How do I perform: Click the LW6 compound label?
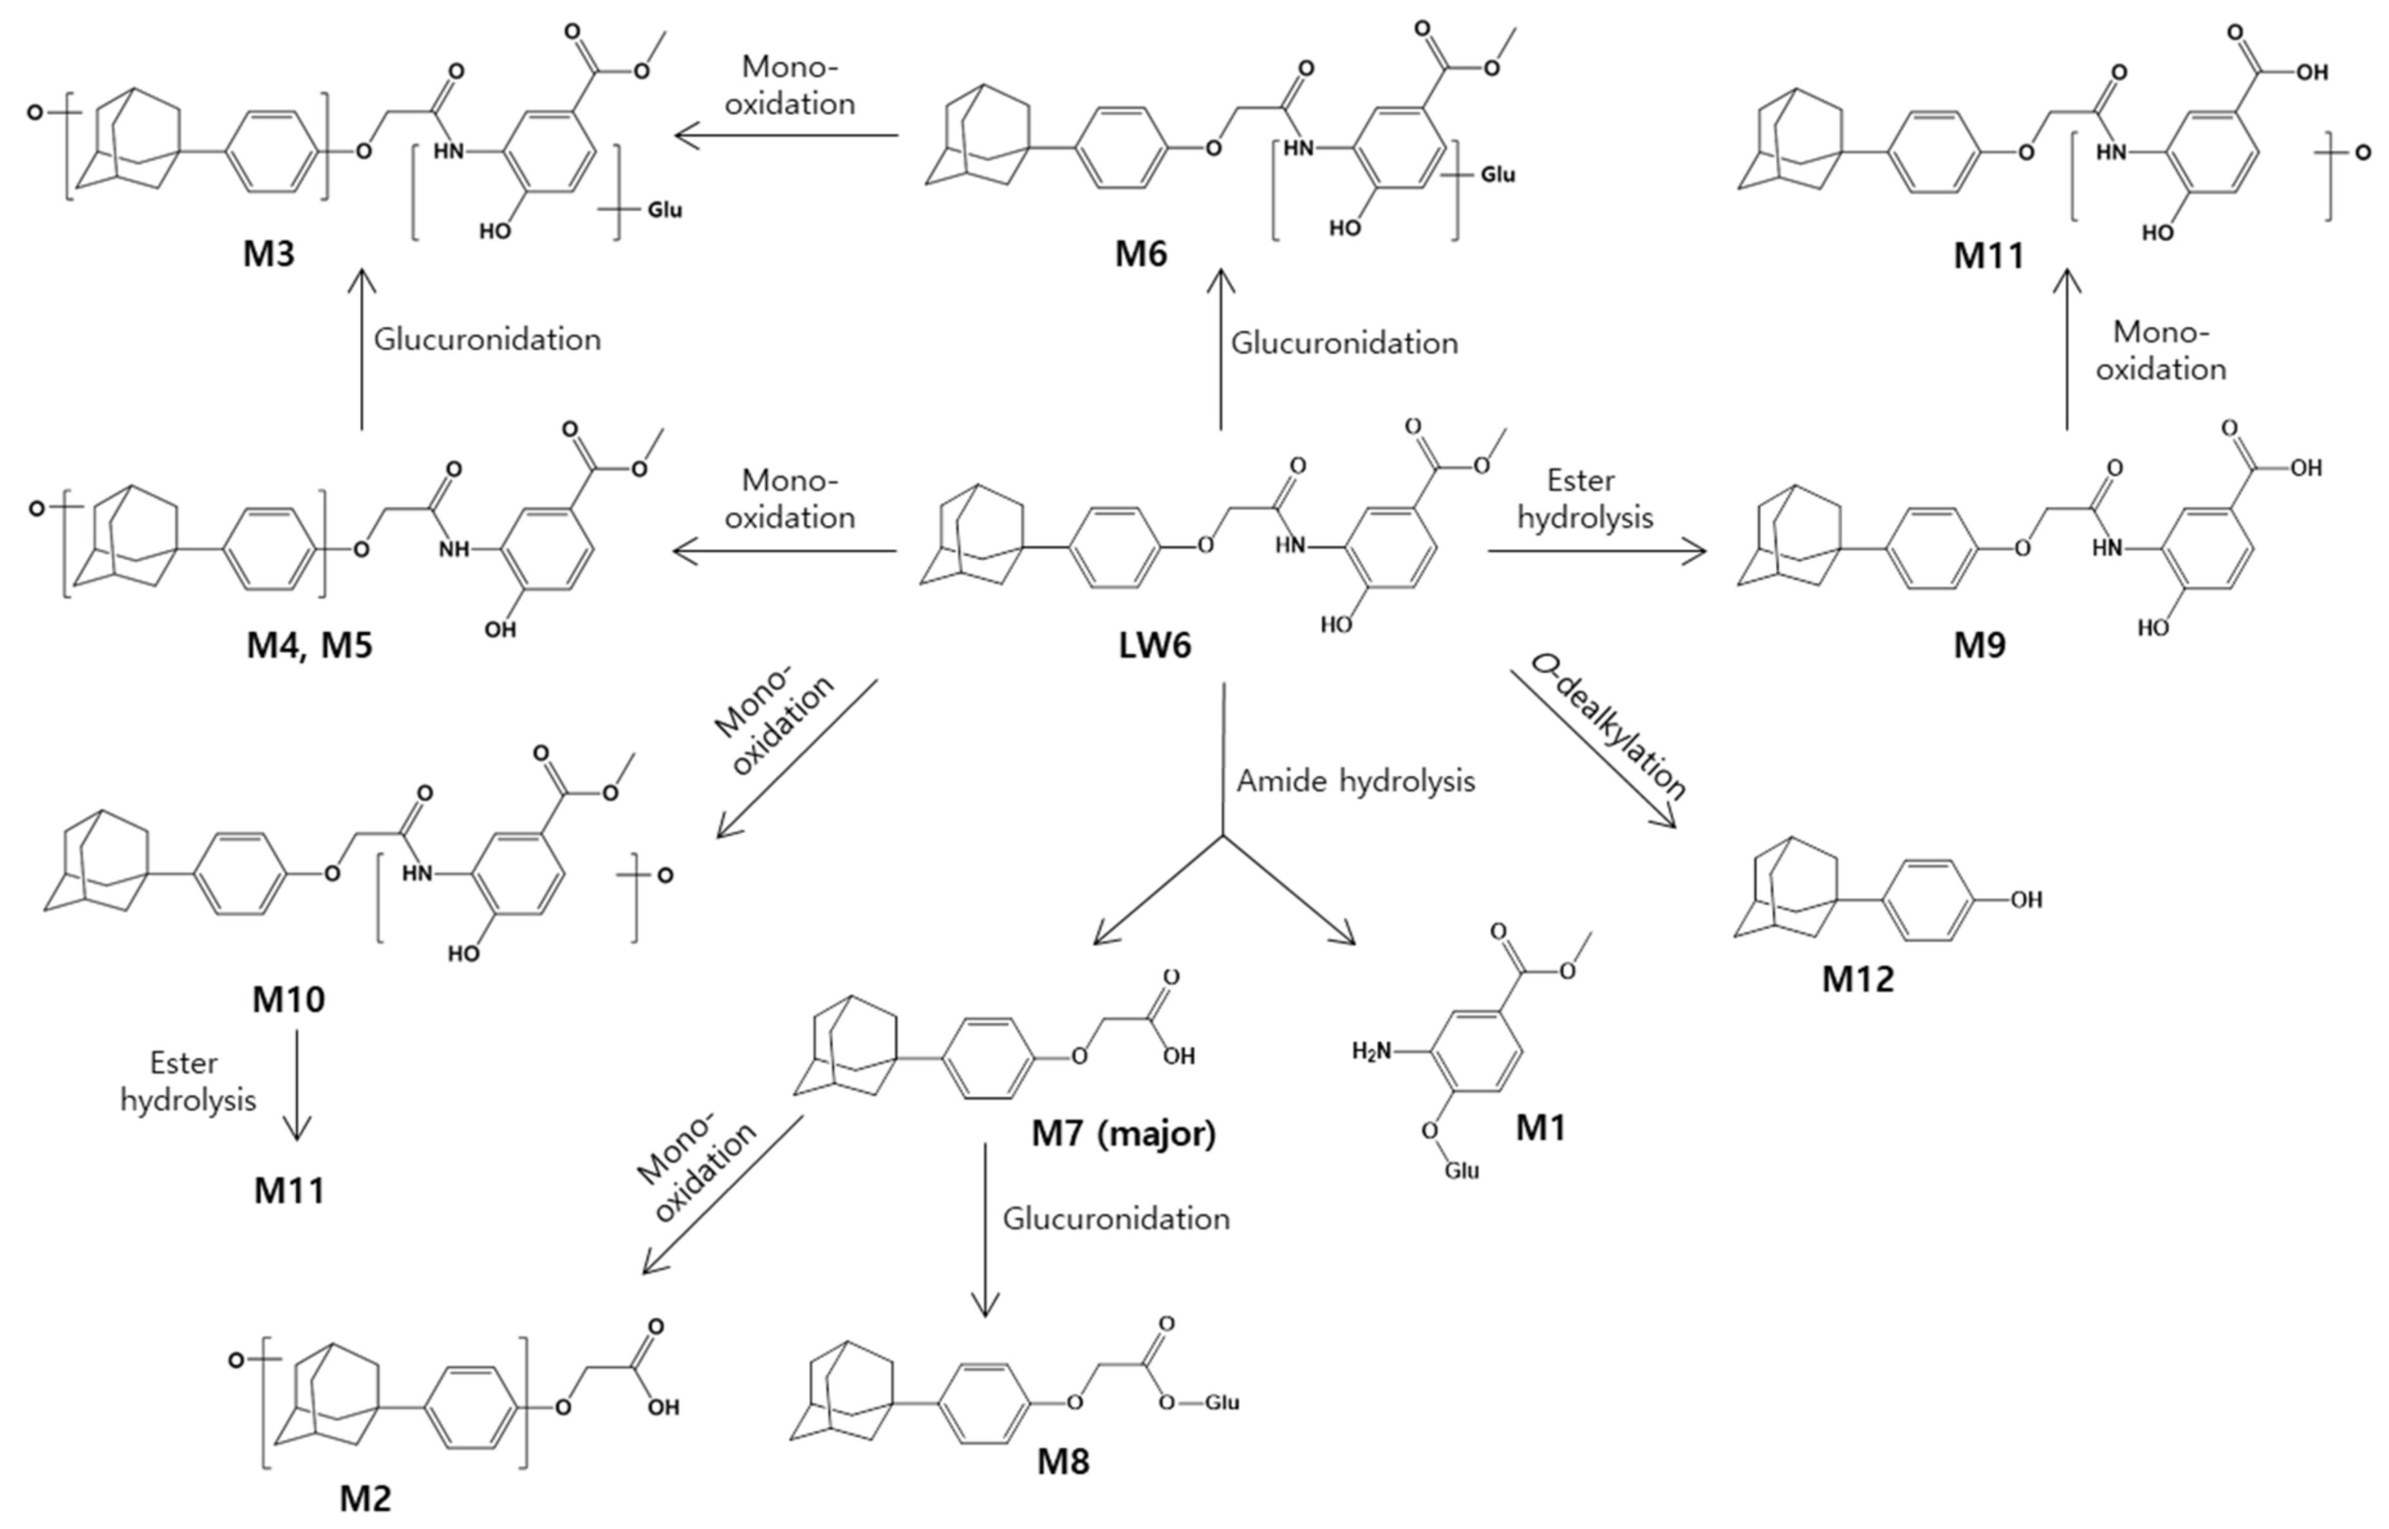click(x=1154, y=646)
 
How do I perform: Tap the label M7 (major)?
click(x=1123, y=1132)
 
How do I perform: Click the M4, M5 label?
click(x=309, y=646)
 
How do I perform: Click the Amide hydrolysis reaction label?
click(x=1355, y=781)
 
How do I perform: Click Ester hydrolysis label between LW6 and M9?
click(x=1584, y=499)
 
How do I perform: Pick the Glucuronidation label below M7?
click(x=1116, y=1218)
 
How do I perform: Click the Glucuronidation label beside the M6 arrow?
click(x=1344, y=344)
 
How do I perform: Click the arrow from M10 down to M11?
click(x=297, y=1084)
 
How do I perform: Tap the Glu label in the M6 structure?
click(x=1498, y=175)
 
